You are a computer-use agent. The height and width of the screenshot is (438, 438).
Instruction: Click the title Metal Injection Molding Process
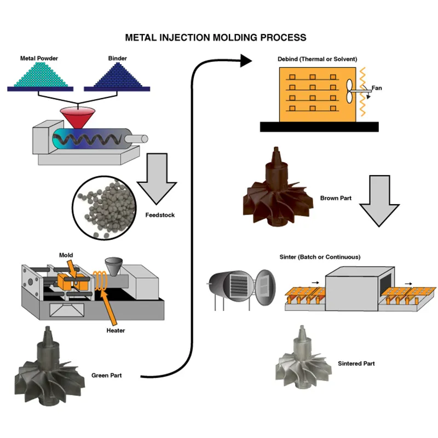tap(215, 38)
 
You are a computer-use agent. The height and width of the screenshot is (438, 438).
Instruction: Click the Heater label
tap(116, 331)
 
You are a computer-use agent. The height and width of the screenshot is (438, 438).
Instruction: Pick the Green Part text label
tap(107, 376)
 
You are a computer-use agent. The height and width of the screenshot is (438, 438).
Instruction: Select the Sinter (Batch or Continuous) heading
tap(318, 257)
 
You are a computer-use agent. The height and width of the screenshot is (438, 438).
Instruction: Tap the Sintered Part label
tap(356, 364)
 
